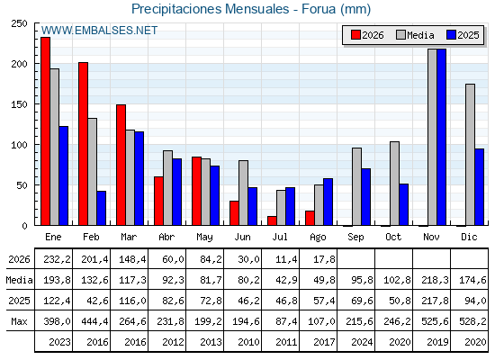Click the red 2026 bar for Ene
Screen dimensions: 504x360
tap(45, 131)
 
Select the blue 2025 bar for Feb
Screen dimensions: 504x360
tap(101, 208)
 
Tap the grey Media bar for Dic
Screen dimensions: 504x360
tap(470, 155)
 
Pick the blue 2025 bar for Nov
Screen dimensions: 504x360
tap(441, 137)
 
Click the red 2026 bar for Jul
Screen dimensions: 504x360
tap(272, 220)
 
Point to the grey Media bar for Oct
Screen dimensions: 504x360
tap(394, 184)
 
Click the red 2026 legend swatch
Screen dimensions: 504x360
tap(355, 35)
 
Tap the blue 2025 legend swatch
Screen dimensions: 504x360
tap(451, 35)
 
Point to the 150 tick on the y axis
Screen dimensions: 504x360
tap(19, 104)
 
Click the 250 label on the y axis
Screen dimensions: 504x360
tap(19, 23)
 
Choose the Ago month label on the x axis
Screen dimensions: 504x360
tap(318, 238)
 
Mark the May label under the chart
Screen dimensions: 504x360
tap(204, 238)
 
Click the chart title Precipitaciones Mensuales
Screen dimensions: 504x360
tap(211, 9)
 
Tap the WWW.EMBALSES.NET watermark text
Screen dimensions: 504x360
tap(99, 31)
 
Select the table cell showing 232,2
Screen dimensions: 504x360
tap(58, 259)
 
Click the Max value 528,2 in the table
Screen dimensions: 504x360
tap(472, 321)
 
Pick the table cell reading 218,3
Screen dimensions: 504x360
tap(435, 280)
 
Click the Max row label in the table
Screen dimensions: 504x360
tap(19, 321)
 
